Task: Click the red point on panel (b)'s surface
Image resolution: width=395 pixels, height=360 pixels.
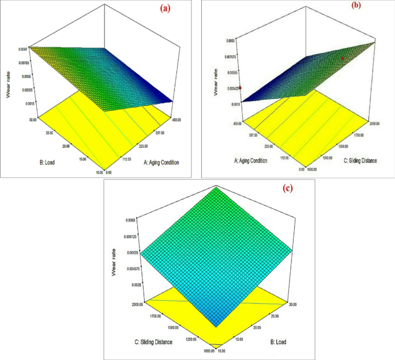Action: (x=343, y=58)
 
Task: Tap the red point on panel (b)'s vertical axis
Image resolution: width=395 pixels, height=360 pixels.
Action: (x=241, y=88)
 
